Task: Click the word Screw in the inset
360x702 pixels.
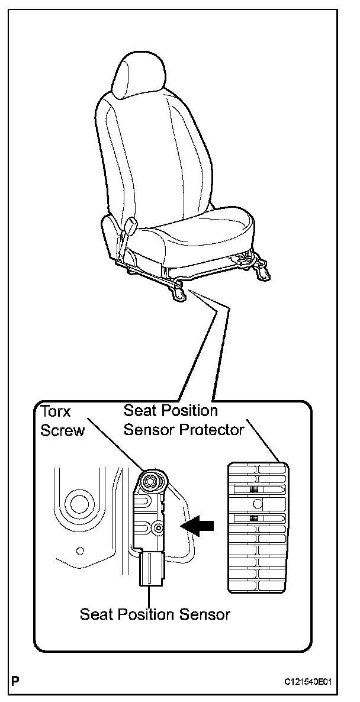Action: [x=62, y=430]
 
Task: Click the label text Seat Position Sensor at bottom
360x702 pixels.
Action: [x=155, y=614]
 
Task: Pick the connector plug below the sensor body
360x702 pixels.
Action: [x=152, y=568]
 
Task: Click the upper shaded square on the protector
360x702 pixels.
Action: [x=255, y=490]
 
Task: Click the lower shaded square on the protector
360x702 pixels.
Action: [x=255, y=518]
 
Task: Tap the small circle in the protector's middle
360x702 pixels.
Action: [x=257, y=504]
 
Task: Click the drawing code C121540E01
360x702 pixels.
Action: [x=308, y=682]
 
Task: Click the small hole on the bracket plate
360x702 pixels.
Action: [x=81, y=550]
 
